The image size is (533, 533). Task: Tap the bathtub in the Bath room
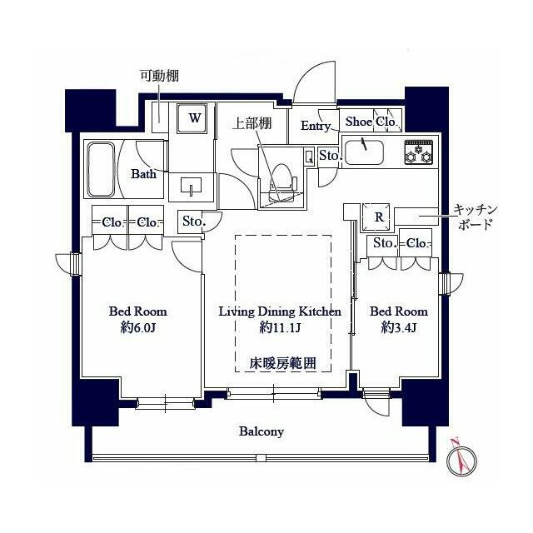click(x=101, y=170)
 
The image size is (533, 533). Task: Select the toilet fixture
click(x=281, y=182)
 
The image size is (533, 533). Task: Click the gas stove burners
click(x=418, y=152)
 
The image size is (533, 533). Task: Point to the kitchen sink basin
click(x=364, y=152)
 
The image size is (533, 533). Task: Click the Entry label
click(x=316, y=126)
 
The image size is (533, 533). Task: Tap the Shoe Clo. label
click(x=371, y=122)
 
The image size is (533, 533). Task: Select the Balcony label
click(x=262, y=431)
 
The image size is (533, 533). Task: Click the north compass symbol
click(x=461, y=461)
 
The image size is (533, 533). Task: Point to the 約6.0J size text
click(x=138, y=327)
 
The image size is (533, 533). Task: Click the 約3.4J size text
click(x=399, y=327)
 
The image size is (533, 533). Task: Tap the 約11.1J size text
click(x=280, y=327)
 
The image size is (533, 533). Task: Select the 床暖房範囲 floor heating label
click(x=283, y=363)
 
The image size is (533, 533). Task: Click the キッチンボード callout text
click(x=476, y=217)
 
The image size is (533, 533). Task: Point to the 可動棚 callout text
click(x=159, y=76)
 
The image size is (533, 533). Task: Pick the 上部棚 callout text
click(x=252, y=123)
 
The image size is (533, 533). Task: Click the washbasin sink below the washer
click(x=192, y=187)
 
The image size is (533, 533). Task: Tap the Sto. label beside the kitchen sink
click(x=330, y=156)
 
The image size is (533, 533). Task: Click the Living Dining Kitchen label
click(x=280, y=311)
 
